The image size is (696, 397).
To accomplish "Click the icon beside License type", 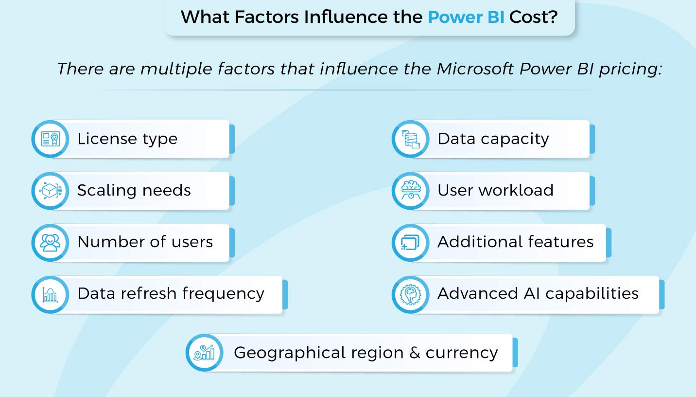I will [x=50, y=139].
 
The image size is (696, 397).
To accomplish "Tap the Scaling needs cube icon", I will [x=50, y=191].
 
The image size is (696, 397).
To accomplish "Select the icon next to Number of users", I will [x=50, y=242].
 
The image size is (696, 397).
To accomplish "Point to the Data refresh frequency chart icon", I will [x=50, y=294].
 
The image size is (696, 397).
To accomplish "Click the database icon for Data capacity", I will [x=411, y=139].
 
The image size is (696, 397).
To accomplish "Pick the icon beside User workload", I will [x=411, y=191].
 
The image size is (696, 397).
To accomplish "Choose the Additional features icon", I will [x=411, y=242].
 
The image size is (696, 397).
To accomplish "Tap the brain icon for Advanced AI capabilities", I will [x=411, y=294].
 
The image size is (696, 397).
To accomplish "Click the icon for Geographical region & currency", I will [x=205, y=353].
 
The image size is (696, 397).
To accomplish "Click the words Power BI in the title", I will [x=466, y=18].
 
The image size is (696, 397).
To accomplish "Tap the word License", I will [x=105, y=139].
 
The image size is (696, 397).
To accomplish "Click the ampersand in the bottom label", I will [x=415, y=353].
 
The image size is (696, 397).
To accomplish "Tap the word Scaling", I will [x=103, y=191].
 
